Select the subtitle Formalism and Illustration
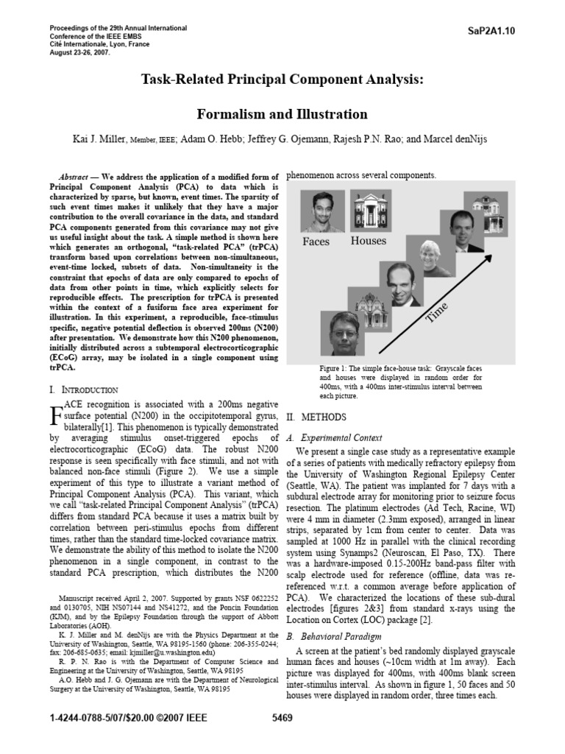coord(282,114)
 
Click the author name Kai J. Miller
coord(99,138)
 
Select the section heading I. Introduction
coord(82,389)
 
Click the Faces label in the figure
coord(316,241)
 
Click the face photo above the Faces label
coord(319,211)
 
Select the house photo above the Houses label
coord(368,211)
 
